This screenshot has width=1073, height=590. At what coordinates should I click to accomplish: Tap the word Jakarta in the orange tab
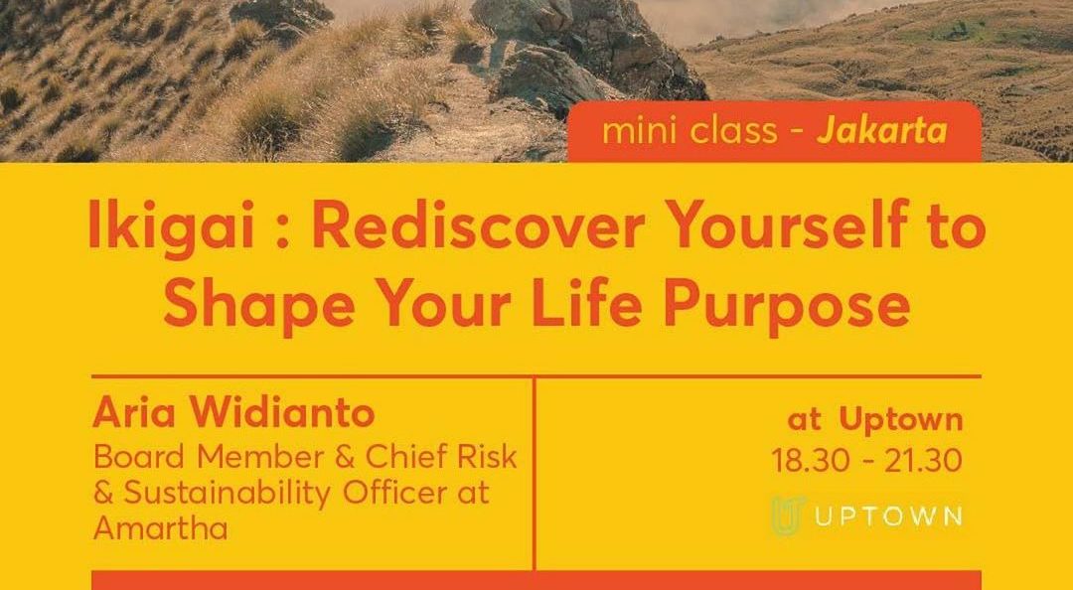[x=881, y=131]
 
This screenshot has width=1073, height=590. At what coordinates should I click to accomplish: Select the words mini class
[x=689, y=131]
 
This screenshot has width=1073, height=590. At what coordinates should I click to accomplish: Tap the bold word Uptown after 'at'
[x=900, y=420]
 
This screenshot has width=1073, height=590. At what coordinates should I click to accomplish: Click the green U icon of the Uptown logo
[x=787, y=515]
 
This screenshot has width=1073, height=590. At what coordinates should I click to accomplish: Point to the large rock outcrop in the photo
[x=586, y=50]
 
